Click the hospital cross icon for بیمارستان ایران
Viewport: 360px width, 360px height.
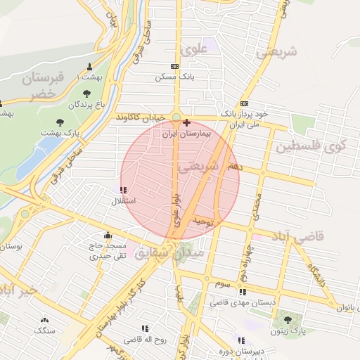point(186,123)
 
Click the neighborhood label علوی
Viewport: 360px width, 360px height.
point(195,51)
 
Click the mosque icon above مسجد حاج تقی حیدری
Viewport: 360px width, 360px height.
point(107,236)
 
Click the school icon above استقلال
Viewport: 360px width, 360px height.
point(124,190)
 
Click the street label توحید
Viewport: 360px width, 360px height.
point(202,222)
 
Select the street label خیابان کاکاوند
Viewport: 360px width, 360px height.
point(141,116)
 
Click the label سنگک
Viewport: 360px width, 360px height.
point(45,330)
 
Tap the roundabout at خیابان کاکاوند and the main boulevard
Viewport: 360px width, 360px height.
point(176,117)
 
